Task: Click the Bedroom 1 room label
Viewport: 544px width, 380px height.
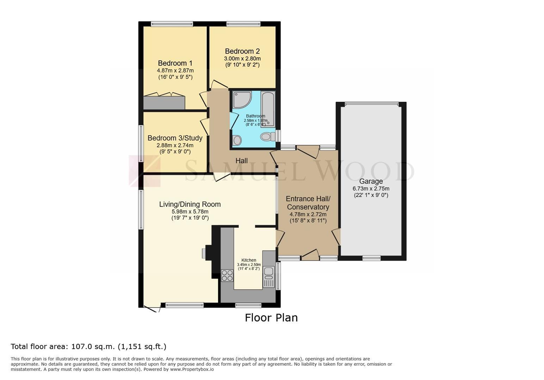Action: click(x=175, y=63)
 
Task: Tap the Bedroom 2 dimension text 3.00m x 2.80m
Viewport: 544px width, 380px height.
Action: click(x=242, y=59)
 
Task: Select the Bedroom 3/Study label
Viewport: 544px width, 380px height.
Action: click(x=175, y=138)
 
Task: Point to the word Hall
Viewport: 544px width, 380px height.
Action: click(x=241, y=160)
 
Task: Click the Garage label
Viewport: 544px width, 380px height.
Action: click(x=371, y=181)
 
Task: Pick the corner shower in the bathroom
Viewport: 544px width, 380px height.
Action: click(x=241, y=100)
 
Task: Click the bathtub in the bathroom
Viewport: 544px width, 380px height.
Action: click(x=268, y=109)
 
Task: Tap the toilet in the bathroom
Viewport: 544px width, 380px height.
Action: click(x=268, y=137)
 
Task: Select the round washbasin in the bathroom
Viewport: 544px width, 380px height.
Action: click(x=237, y=140)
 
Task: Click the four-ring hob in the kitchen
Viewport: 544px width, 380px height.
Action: click(x=227, y=275)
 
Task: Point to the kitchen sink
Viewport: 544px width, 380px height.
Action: click(x=268, y=277)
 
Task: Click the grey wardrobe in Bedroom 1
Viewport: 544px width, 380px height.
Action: click(x=164, y=103)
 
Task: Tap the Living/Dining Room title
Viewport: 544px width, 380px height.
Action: click(x=190, y=204)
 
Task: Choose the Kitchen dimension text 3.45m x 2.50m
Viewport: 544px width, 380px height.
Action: click(x=249, y=265)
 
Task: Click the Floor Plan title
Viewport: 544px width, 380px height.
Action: click(x=271, y=318)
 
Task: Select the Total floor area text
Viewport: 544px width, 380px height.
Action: click(x=88, y=347)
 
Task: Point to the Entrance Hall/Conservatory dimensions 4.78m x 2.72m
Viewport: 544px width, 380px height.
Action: click(x=308, y=214)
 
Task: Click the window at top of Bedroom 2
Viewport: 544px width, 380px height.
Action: click(x=243, y=24)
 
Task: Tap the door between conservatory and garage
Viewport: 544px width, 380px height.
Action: click(x=337, y=237)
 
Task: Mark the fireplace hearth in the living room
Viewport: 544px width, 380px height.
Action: click(x=204, y=253)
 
